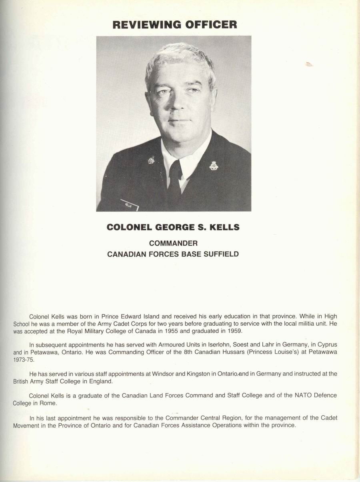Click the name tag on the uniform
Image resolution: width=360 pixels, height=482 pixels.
click(x=130, y=205)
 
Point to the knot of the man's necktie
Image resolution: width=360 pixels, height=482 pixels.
click(x=175, y=168)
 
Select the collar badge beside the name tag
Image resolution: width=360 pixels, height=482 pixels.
click(x=151, y=160)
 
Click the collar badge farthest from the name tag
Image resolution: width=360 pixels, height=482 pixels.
click(x=214, y=165)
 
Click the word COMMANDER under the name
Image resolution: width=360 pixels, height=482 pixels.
click(x=173, y=243)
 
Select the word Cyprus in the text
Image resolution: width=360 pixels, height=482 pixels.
click(x=326, y=345)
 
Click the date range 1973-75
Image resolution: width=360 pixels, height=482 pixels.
click(x=24, y=360)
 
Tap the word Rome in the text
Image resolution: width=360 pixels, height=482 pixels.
click(x=48, y=403)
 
